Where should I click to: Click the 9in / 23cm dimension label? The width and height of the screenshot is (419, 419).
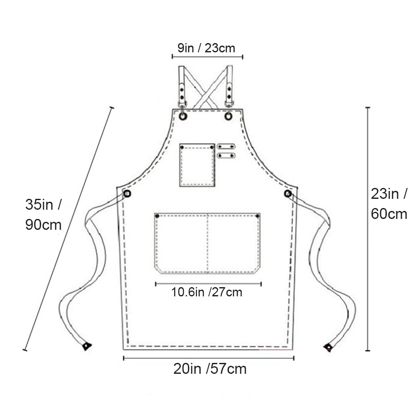pos(206,48)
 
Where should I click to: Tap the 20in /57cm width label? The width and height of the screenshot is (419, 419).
pos(210,369)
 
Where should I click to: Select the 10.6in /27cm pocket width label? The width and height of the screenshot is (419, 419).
pos(206,292)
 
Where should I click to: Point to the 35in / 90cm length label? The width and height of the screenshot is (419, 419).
pos(43,214)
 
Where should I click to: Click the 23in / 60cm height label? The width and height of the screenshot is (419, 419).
pos(389,203)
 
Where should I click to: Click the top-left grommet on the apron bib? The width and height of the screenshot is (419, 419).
pos(183,116)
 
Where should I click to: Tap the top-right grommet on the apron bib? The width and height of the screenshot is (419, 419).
pos(228,116)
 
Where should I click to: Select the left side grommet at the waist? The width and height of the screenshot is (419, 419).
pos(127,193)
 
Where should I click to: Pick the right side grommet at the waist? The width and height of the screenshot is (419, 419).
pos(288,193)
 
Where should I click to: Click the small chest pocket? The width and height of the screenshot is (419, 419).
pos(197,165)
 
